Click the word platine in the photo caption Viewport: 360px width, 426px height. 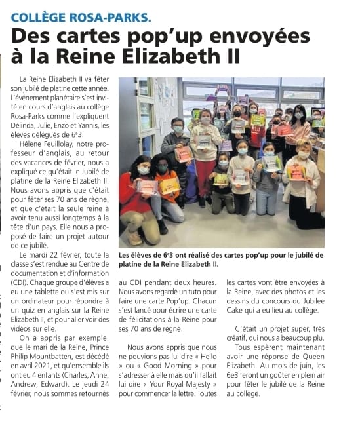tap(134, 264)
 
